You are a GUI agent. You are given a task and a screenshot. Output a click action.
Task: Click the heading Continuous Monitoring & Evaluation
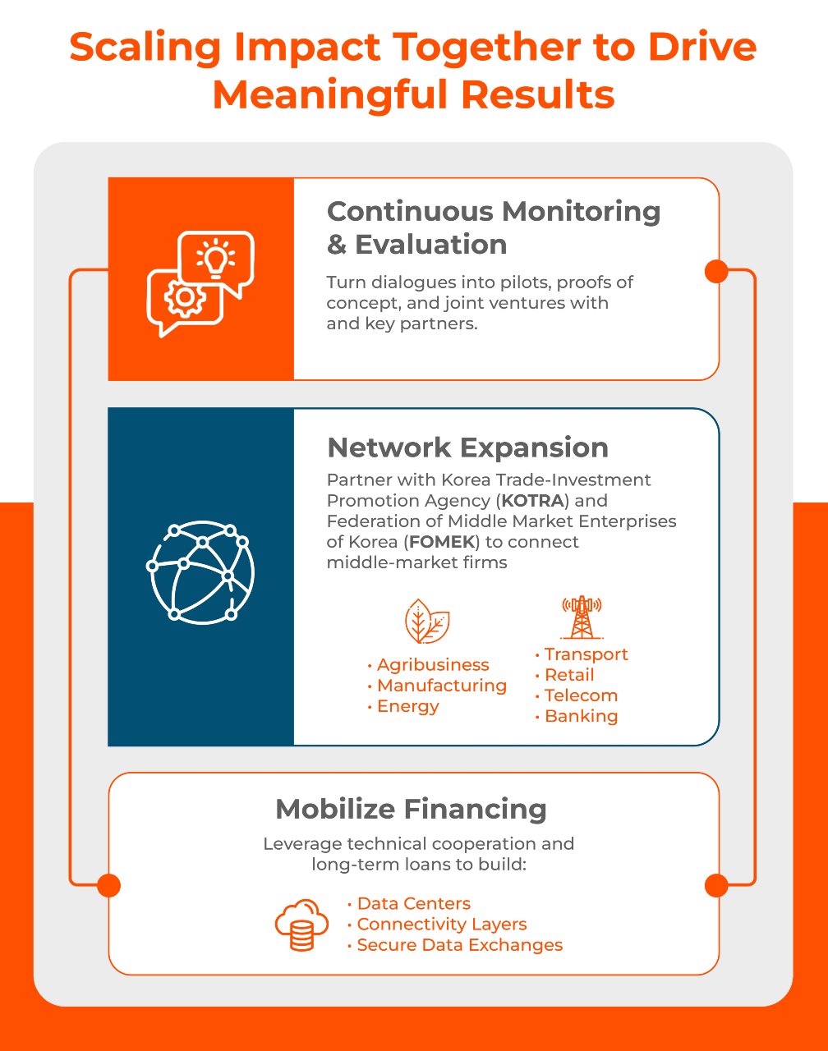point(493,227)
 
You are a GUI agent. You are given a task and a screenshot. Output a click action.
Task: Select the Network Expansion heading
point(467,447)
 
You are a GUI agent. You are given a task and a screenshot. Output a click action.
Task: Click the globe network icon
point(200,573)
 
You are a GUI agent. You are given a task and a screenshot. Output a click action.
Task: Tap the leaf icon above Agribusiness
point(427,622)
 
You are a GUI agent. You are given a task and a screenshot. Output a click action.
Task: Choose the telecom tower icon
point(582,617)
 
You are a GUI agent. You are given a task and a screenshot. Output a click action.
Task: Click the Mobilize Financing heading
point(411,809)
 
